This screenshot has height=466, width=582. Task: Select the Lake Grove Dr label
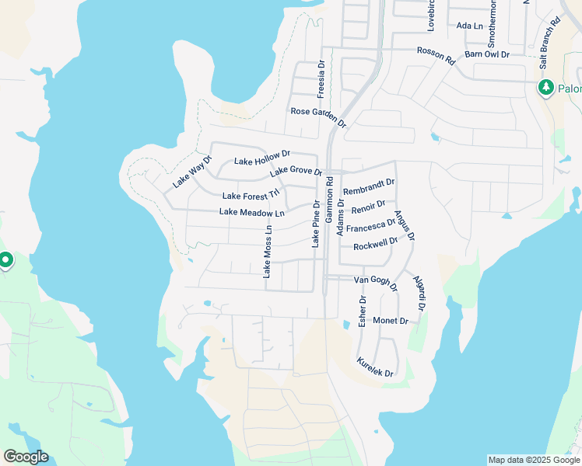[x=296, y=171]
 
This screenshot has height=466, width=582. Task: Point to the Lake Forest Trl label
[x=250, y=196]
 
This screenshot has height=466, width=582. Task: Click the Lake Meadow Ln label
[x=251, y=212]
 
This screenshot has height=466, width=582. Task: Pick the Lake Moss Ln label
[x=267, y=252]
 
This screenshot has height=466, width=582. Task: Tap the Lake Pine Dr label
[x=316, y=224]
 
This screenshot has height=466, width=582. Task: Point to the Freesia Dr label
[x=321, y=80]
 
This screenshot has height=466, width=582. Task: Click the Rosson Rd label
[x=435, y=56]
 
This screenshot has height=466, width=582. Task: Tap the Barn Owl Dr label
[x=486, y=54]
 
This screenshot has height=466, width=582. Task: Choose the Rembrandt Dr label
[x=369, y=187]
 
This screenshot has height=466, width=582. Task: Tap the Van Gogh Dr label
[x=376, y=282]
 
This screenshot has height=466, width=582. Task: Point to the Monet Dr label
[x=391, y=321]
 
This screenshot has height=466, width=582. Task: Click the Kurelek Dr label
[x=374, y=368]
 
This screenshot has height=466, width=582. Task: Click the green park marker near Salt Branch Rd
[x=545, y=87]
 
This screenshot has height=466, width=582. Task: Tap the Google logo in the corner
[x=26, y=457]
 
